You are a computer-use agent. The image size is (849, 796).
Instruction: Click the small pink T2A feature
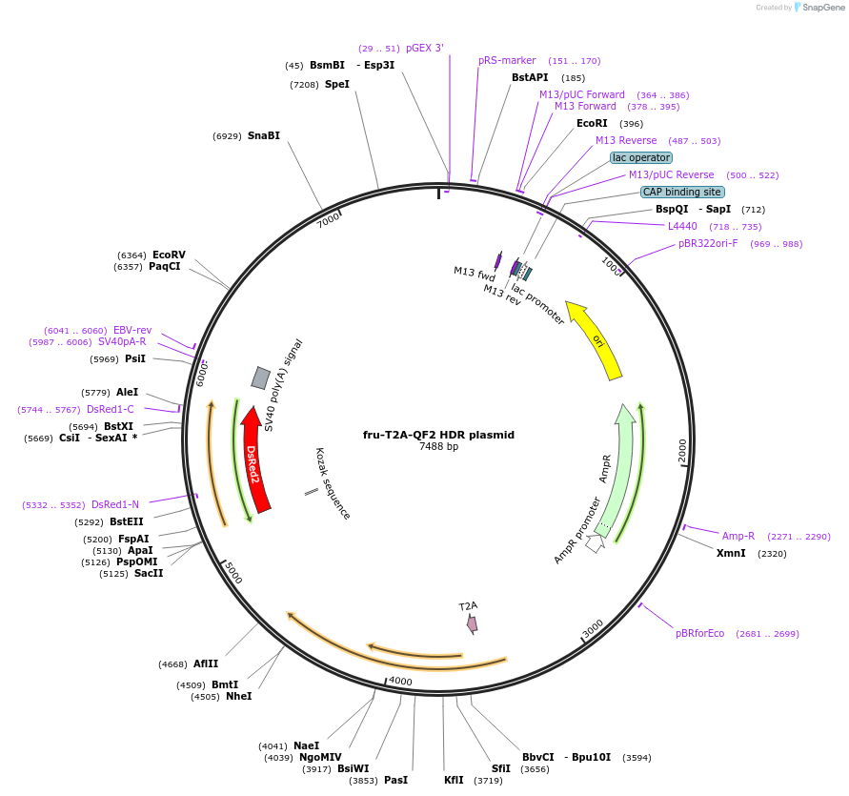click(472, 623)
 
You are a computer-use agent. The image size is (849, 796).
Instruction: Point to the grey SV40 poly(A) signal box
click(260, 378)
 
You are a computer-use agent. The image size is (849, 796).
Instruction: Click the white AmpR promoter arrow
click(596, 543)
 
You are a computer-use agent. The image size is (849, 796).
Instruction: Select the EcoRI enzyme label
click(592, 123)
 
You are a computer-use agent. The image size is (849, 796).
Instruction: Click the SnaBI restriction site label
click(264, 135)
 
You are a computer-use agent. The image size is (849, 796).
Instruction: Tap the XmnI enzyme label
click(731, 553)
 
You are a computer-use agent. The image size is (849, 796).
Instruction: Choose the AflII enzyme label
click(206, 663)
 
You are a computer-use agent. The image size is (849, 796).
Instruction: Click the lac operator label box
click(641, 157)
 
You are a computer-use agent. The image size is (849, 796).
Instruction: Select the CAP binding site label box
click(681, 192)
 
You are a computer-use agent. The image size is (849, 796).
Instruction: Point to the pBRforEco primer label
click(699, 633)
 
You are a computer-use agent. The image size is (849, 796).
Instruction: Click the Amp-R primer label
click(738, 536)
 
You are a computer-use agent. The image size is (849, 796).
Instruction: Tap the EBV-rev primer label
click(132, 330)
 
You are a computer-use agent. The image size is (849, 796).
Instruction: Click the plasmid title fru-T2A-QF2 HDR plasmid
click(438, 435)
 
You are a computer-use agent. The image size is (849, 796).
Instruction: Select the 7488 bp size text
click(438, 447)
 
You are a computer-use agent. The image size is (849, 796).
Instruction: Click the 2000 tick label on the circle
click(682, 451)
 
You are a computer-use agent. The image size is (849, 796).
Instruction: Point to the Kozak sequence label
click(334, 484)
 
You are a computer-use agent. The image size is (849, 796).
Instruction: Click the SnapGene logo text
click(823, 8)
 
